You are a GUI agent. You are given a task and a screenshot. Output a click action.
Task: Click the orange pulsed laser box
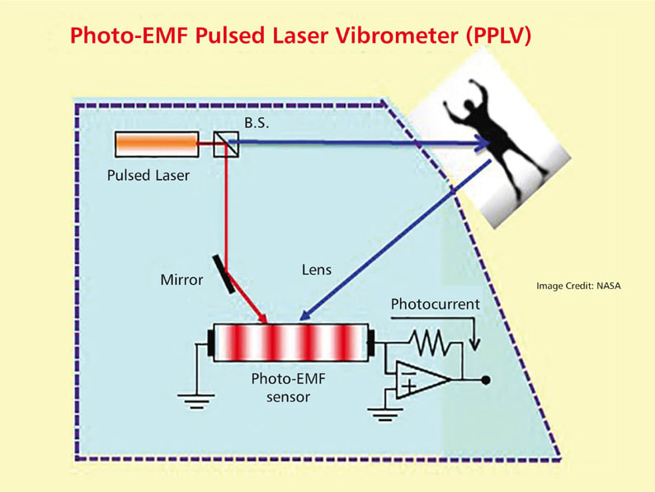pyautogui.click(x=156, y=144)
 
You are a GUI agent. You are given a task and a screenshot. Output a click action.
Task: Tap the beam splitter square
pyautogui.click(x=220, y=145)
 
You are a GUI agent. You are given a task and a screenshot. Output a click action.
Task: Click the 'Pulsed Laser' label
pyautogui.click(x=148, y=175)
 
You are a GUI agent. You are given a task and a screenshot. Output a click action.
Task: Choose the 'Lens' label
pyautogui.click(x=316, y=269)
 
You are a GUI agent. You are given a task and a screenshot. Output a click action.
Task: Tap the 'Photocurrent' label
pyautogui.click(x=434, y=304)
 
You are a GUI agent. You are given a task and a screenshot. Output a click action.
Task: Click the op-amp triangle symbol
pyautogui.click(x=421, y=380)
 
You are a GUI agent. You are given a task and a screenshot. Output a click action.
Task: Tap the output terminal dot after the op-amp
pyautogui.click(x=488, y=380)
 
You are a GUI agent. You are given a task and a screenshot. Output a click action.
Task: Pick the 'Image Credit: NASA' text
pyautogui.click(x=577, y=286)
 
